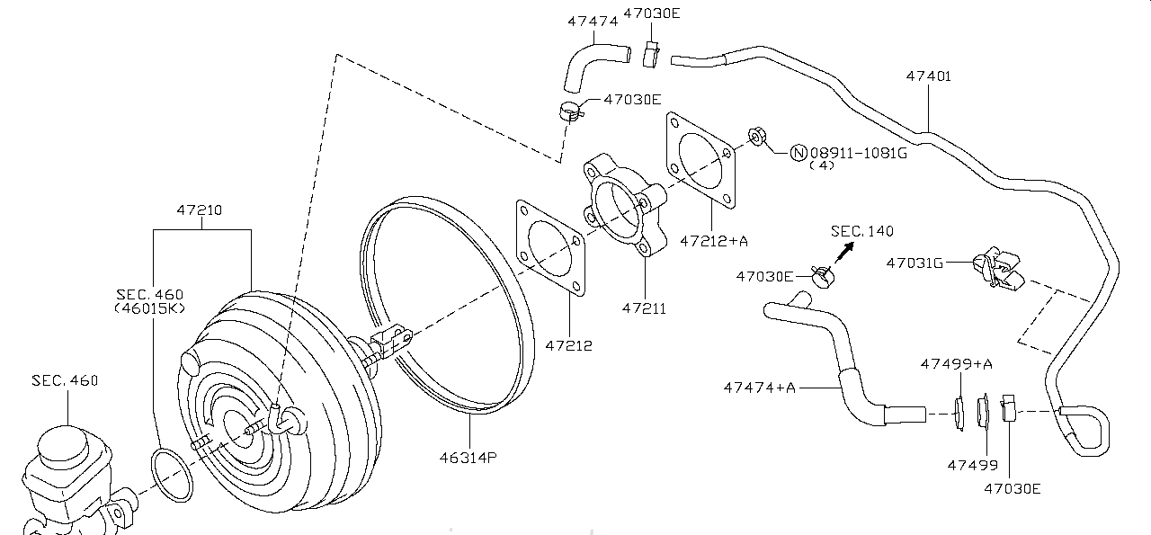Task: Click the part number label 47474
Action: (x=593, y=22)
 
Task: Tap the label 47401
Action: (x=929, y=76)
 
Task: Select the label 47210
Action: (x=200, y=210)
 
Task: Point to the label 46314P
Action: (x=468, y=458)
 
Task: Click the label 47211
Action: (x=644, y=308)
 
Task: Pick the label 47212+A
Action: (x=714, y=241)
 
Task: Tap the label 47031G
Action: (x=915, y=263)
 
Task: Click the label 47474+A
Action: (x=759, y=388)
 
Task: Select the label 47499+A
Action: (x=956, y=364)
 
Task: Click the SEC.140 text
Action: (x=862, y=231)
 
